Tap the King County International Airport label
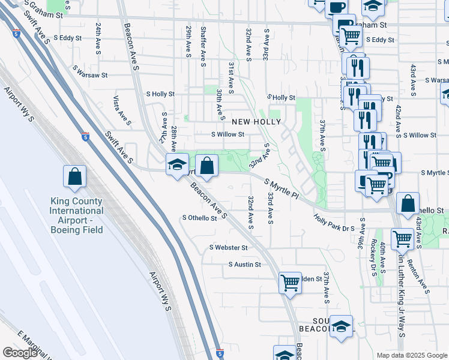click(76, 211)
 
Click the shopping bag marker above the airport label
click(75, 175)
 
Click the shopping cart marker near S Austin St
click(290, 281)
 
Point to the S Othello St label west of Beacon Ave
click(199, 218)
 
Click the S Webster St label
click(228, 247)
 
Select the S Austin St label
click(245, 264)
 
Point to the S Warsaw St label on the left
click(89, 76)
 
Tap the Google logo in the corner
click(20, 353)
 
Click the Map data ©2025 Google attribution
click(412, 355)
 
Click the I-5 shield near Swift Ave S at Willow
click(85, 136)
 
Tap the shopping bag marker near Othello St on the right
click(408, 203)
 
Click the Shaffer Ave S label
click(204, 42)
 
